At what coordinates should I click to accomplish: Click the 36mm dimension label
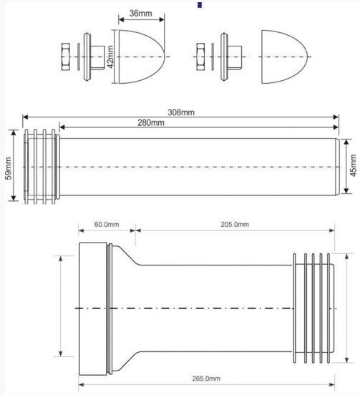(x=140, y=14)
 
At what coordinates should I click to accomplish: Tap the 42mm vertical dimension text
(x=110, y=57)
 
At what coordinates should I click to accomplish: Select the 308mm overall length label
(x=181, y=112)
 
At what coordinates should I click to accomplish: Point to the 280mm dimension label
(x=150, y=122)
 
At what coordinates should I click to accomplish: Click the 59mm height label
(x=9, y=168)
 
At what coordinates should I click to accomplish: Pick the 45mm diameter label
(x=354, y=165)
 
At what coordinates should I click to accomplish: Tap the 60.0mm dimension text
(x=107, y=224)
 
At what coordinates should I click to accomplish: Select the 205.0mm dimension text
(x=235, y=224)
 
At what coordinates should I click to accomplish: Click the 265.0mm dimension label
(x=206, y=379)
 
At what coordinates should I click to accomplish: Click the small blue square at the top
(x=200, y=5)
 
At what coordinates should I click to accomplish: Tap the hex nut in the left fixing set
(x=66, y=57)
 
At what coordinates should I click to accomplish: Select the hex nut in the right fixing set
(x=200, y=57)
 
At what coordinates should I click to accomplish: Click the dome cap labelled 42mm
(x=142, y=57)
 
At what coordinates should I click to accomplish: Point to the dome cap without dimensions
(x=285, y=57)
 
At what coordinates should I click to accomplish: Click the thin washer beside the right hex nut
(x=213, y=57)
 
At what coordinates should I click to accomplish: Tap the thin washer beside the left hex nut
(x=78, y=57)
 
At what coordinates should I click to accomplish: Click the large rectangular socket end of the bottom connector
(x=93, y=309)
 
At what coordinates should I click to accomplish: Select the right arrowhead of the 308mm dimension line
(x=336, y=117)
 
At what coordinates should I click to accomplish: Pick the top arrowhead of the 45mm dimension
(x=346, y=142)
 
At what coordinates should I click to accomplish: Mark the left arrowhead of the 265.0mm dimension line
(x=81, y=385)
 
